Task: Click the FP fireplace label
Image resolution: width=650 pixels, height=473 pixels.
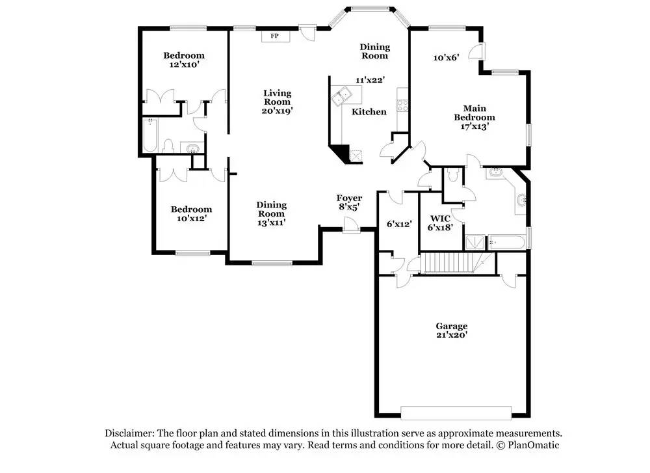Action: [x=274, y=36]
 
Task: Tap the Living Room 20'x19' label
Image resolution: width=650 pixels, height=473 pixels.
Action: [x=277, y=102]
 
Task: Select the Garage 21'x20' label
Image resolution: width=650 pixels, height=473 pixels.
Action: [x=451, y=331]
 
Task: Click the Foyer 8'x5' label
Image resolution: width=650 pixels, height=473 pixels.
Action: [x=349, y=202]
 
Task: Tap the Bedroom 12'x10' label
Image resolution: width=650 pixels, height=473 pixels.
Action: [x=183, y=61]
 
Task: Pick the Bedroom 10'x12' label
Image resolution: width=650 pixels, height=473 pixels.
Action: [x=191, y=214]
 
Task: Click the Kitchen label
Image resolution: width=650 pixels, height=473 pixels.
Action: [x=369, y=112]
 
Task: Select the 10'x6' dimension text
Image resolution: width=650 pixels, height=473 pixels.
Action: [x=447, y=57]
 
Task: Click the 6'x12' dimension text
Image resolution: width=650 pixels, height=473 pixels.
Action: [x=399, y=224]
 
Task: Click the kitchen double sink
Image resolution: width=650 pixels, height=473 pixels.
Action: [x=341, y=98]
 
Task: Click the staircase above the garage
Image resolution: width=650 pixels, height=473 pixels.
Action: [x=448, y=263]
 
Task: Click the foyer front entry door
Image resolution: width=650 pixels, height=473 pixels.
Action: [x=352, y=225]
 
